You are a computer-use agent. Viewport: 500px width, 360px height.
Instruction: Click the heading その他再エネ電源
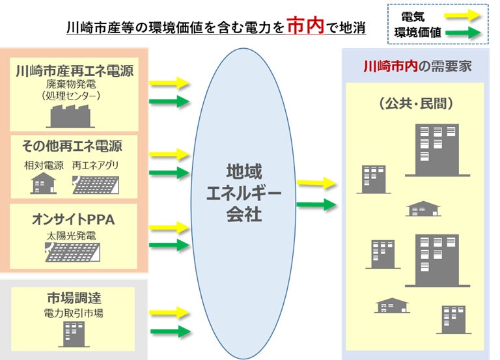click(72, 145)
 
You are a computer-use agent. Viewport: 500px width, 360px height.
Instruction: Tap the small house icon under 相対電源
click(44, 184)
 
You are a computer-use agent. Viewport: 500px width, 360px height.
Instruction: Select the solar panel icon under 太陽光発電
click(74, 251)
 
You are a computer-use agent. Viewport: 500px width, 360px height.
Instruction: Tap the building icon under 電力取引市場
click(72, 333)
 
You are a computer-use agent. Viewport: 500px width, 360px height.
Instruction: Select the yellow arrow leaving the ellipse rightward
click(316, 184)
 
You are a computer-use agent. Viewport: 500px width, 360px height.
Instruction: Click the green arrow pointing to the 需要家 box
click(316, 205)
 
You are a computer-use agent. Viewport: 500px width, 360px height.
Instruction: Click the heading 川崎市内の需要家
click(417, 66)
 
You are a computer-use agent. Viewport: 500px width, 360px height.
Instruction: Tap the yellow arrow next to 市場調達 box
click(170, 312)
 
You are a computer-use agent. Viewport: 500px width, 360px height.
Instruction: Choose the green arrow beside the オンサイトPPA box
click(170, 245)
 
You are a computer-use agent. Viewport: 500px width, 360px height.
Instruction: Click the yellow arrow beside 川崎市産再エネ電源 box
click(170, 83)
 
